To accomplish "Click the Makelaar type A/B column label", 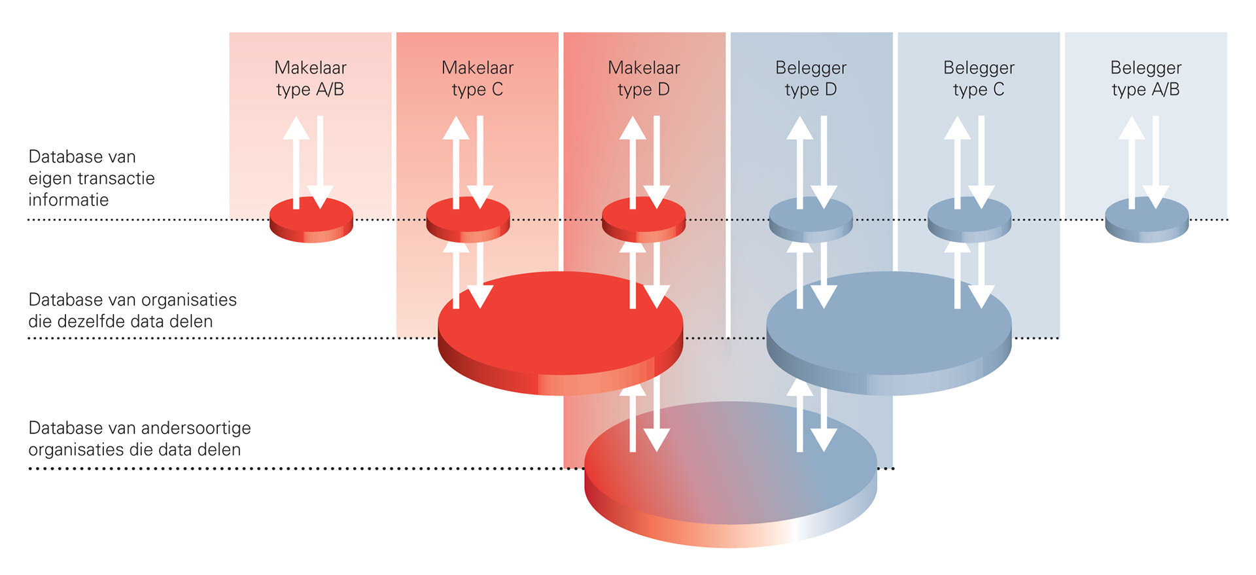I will (310, 78).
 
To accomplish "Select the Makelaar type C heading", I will (478, 78).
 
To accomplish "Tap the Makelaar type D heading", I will (644, 78).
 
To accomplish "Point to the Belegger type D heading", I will (811, 78).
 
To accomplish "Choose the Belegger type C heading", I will (979, 78).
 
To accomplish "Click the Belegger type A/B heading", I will (1145, 78).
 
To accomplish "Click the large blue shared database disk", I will (889, 334).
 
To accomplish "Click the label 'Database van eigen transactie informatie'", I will (92, 178).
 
